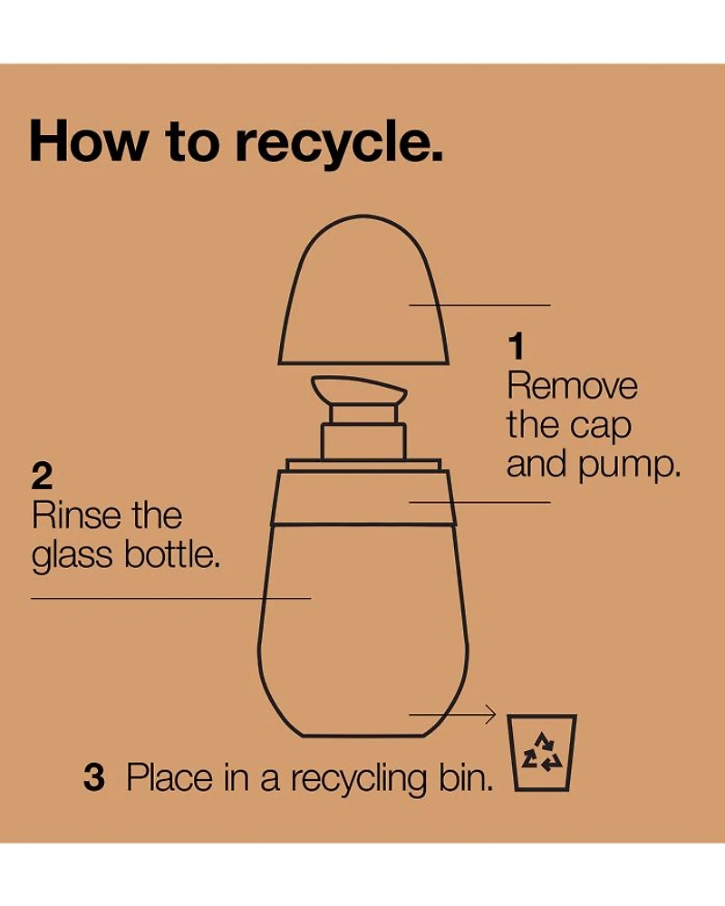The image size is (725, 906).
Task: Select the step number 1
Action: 516,346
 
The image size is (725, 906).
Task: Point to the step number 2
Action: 43,476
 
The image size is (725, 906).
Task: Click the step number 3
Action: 94,777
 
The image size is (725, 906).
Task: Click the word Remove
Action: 573,385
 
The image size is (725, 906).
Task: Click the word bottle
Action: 172,554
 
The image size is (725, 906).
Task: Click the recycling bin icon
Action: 542,752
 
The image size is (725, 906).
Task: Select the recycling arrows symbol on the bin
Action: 542,754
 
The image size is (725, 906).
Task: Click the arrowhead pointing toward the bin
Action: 490,714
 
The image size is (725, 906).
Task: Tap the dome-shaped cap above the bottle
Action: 363,289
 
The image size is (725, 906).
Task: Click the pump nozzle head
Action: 359,390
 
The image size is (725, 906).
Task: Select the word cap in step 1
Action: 600,429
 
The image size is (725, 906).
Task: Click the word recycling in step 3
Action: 359,779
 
